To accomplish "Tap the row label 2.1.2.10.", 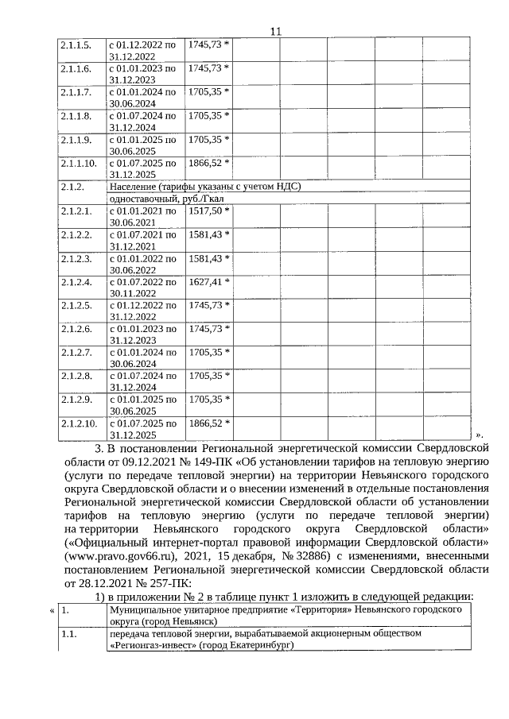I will pyautogui.click(x=78, y=424).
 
